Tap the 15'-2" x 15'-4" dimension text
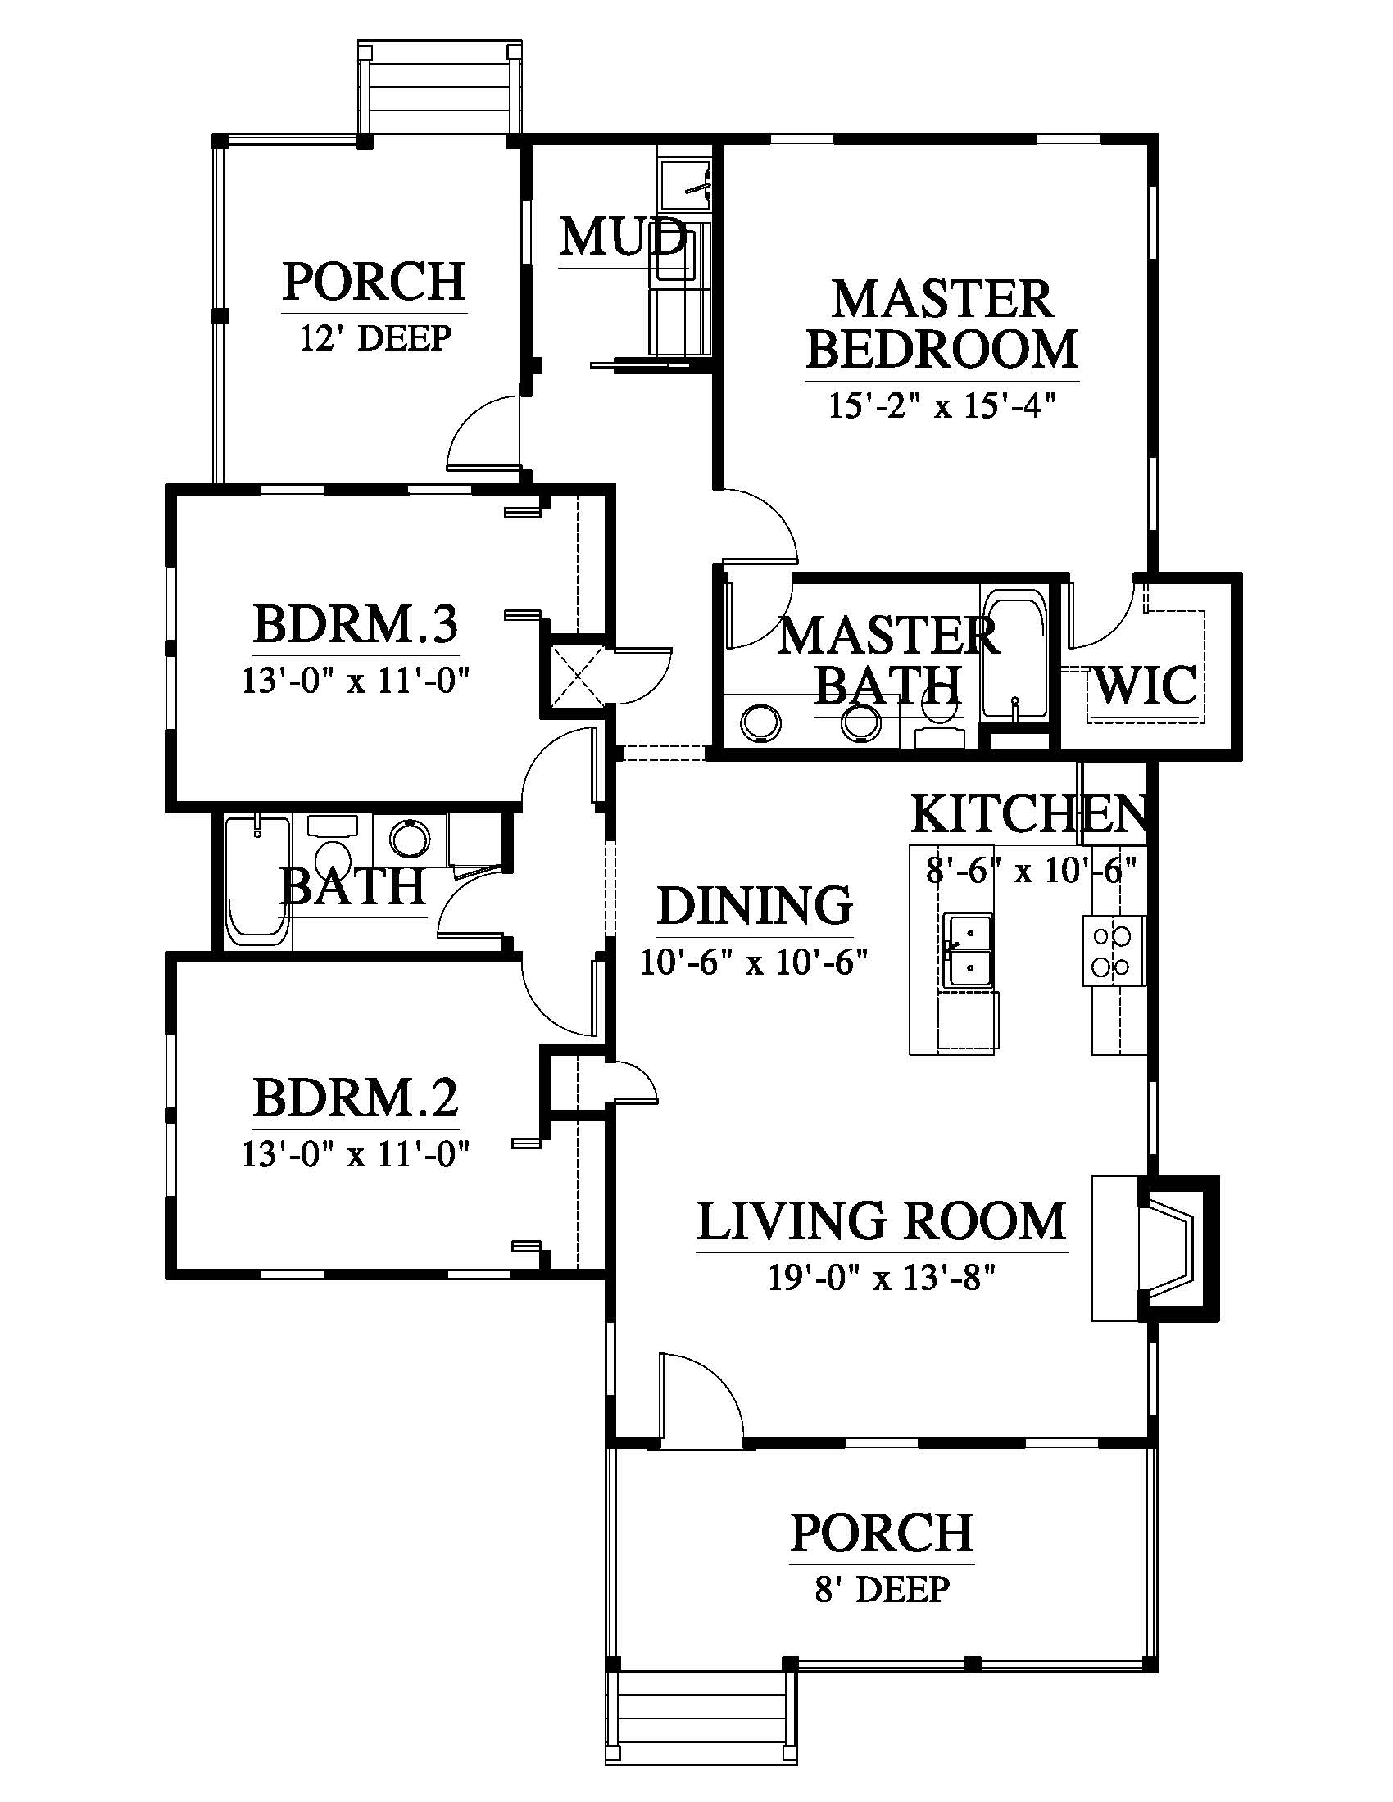[x=942, y=406]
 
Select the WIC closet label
[x=1146, y=684]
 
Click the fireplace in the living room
[x=1176, y=1248]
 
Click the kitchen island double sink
[x=969, y=950]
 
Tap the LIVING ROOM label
[x=882, y=1221]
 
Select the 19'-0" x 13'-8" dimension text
[x=882, y=1278]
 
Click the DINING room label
[x=754, y=905]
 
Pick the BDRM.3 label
[x=355, y=624]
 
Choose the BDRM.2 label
[x=355, y=1098]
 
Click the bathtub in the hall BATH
[x=257, y=881]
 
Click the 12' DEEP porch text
[x=374, y=338]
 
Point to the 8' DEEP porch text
[x=883, y=1589]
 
